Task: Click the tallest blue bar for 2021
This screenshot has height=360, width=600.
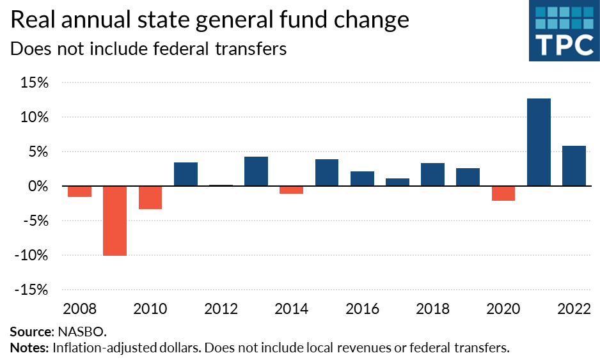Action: [539, 142]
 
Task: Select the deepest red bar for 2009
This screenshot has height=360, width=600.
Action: [115, 221]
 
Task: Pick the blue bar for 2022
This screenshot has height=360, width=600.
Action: [574, 166]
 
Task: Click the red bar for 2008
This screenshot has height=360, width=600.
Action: [79, 191]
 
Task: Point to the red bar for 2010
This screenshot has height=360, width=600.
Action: [150, 198]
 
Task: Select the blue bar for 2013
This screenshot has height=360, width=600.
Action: [256, 171]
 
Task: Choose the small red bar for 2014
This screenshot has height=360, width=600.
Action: [291, 189]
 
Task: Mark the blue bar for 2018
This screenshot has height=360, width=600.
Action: [432, 175]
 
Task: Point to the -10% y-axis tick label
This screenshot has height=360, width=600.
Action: [31, 255]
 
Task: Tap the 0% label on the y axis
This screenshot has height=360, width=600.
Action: [38, 187]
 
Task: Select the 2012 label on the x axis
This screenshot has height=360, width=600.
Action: [221, 309]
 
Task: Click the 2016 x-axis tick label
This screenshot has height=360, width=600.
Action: [362, 309]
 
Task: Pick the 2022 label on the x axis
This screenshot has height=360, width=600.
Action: [574, 309]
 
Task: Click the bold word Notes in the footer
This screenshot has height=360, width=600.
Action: [28, 348]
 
